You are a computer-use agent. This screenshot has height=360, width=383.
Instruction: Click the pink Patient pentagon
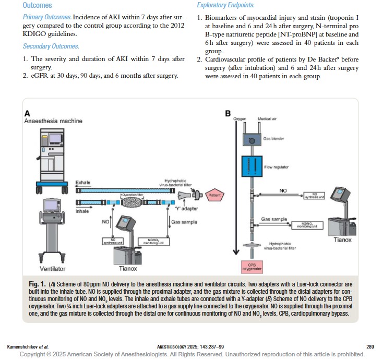pyautogui.click(x=214, y=196)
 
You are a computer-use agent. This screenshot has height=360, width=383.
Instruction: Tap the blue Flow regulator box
pyautogui.click(x=253, y=167)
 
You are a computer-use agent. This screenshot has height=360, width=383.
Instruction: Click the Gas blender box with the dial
pyautogui.click(x=253, y=140)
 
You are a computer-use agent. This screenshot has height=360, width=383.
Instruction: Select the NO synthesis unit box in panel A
pyautogui.click(x=112, y=242)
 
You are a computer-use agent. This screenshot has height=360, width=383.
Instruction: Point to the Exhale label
pyautogui.click(x=83, y=183)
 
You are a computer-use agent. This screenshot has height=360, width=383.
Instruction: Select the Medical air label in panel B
pyautogui.click(x=266, y=119)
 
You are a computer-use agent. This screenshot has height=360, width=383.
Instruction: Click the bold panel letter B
pyautogui.click(x=228, y=113)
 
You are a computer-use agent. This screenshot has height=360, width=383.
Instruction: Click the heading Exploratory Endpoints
pyautogui.click(x=225, y=5)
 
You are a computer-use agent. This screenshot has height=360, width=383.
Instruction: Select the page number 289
pyautogui.click(x=369, y=346)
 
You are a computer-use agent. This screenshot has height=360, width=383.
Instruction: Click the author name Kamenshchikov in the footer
pyautogui.click(x=24, y=346)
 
